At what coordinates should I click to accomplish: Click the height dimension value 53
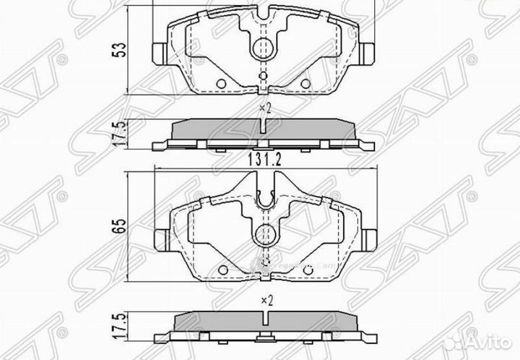(123, 50)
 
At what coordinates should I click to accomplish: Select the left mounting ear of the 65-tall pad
(162, 236)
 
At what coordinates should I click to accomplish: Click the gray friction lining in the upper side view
(217, 129)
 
